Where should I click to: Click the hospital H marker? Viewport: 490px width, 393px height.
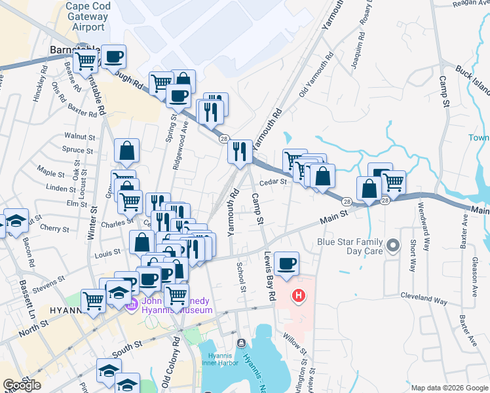click(x=299, y=297)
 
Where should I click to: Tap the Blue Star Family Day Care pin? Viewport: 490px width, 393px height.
click(x=393, y=246)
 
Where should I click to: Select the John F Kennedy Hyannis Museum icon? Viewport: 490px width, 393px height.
click(x=132, y=303)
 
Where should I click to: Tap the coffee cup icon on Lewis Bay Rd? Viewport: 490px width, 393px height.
click(x=287, y=263)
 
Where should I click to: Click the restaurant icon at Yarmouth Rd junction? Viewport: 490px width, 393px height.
click(x=240, y=152)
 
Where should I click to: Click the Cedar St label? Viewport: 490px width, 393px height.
click(x=274, y=182)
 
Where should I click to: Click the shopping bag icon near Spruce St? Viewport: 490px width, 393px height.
click(x=127, y=151)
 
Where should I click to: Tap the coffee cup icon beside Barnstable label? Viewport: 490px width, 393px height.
click(x=113, y=57)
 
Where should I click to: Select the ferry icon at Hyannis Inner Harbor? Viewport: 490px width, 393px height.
click(x=241, y=343)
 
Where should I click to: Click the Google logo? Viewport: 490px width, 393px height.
click(x=22, y=384)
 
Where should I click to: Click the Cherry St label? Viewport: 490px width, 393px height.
click(x=54, y=229)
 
